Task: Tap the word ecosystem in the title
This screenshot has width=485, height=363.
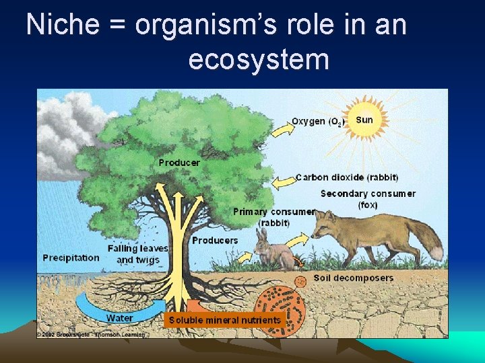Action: pyautogui.click(x=259, y=60)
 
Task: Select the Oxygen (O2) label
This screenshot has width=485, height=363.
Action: pyautogui.click(x=317, y=122)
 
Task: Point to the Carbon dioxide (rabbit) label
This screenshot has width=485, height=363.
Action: pyautogui.click(x=347, y=177)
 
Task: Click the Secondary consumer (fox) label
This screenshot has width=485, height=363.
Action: pyautogui.click(x=368, y=199)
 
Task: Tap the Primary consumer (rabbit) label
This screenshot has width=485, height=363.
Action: pyautogui.click(x=273, y=216)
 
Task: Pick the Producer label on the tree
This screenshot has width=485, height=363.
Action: pyautogui.click(x=179, y=163)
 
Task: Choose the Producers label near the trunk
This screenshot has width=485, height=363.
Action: pyautogui.click(x=215, y=240)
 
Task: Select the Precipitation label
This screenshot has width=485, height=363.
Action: pyautogui.click(x=71, y=257)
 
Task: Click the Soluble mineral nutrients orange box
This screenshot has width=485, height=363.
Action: pyautogui.click(x=224, y=320)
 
